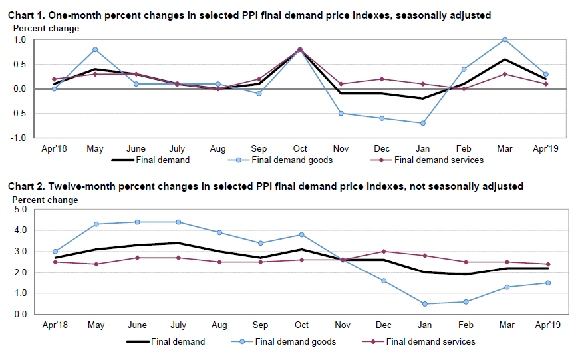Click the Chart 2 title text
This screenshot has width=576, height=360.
coord(265,186)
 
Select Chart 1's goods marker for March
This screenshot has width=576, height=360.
coord(505,40)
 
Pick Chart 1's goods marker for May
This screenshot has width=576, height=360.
coord(95,49)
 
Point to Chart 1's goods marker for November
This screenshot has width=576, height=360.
coord(341,113)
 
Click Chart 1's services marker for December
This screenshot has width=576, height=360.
coord(382,79)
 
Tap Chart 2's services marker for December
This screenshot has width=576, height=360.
coord(382,252)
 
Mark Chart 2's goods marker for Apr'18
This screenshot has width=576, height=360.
coord(55,252)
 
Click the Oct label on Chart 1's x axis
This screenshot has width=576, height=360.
coord(301,148)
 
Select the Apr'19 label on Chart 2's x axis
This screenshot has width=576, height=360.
coord(546,325)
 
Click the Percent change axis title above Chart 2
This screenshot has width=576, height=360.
coord(46,200)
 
